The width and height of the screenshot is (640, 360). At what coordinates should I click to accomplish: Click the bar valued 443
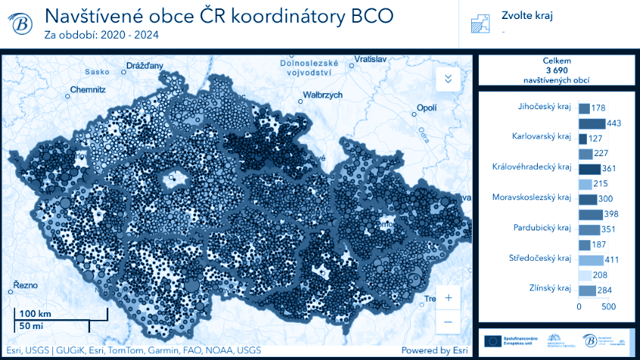pos(592,124)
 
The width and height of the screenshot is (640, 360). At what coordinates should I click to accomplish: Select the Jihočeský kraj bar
pos(584,108)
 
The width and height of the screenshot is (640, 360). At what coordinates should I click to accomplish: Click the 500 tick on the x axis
pos(609,307)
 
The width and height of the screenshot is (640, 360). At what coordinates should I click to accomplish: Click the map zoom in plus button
pos(448,298)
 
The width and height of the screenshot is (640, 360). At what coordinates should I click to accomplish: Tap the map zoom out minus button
pos(448,321)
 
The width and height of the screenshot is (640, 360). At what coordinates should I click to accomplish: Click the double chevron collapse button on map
pos(448,78)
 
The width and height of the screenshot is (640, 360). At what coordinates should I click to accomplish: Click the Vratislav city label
pos(370,58)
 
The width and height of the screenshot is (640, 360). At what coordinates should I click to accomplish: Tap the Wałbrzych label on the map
pos(323,95)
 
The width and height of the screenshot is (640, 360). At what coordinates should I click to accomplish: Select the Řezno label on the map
pos(25,286)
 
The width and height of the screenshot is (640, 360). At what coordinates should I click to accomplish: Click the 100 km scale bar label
pos(35,314)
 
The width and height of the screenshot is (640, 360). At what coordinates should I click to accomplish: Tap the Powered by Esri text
pos(434,350)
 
